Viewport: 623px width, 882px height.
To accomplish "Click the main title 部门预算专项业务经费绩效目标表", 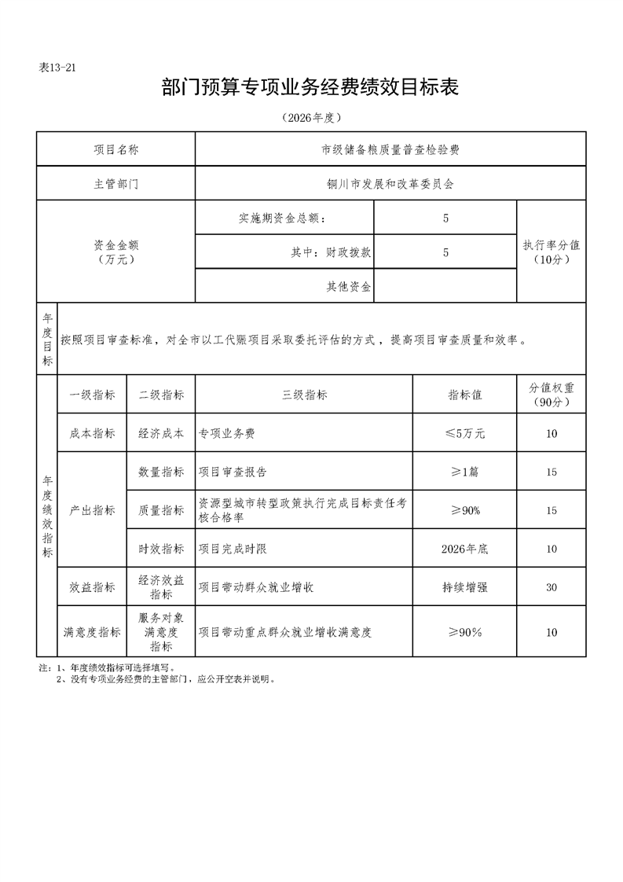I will point(310,88).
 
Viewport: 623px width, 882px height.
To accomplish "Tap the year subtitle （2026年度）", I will point(311,119).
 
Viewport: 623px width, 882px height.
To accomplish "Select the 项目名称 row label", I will point(116,149).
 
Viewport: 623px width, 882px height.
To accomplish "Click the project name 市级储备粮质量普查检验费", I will point(390,149).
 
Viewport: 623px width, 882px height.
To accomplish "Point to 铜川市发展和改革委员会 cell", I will point(390,185).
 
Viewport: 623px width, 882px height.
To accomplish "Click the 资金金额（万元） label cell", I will point(116,252).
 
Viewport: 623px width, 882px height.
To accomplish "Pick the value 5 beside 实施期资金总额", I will point(445,219).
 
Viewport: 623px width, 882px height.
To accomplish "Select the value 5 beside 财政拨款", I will point(445,252).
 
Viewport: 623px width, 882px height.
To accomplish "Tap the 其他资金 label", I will point(349,286).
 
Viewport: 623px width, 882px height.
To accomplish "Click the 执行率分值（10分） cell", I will point(552,252).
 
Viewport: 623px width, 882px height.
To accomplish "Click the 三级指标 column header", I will point(304,395).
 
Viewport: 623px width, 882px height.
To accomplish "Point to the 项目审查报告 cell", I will point(233,472).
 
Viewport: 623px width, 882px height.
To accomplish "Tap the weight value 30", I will point(552,587).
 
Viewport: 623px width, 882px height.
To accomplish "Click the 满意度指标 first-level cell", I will point(92,632).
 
